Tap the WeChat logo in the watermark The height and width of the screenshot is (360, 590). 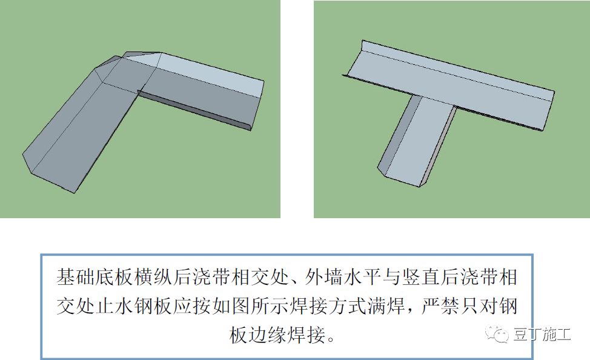click(497, 334)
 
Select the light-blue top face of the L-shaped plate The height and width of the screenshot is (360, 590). click(211, 75)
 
